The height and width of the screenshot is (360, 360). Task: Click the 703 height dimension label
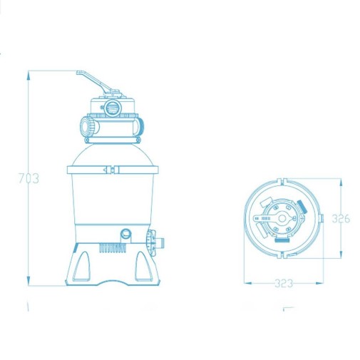[x=29, y=178]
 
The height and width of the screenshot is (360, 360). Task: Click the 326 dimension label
[x=341, y=219]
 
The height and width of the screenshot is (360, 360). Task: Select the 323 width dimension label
[x=284, y=283]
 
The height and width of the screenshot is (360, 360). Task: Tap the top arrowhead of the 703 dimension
[x=29, y=76]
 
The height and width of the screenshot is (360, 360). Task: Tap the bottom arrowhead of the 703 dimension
[x=29, y=281]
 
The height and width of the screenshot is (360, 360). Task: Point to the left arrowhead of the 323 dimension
[x=248, y=283]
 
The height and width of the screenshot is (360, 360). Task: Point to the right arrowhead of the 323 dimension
[x=319, y=283]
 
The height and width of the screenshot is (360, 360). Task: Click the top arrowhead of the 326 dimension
[x=341, y=183]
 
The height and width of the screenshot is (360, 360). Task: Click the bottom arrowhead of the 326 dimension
[x=341, y=253]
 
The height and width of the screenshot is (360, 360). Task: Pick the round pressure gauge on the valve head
[x=113, y=108]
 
